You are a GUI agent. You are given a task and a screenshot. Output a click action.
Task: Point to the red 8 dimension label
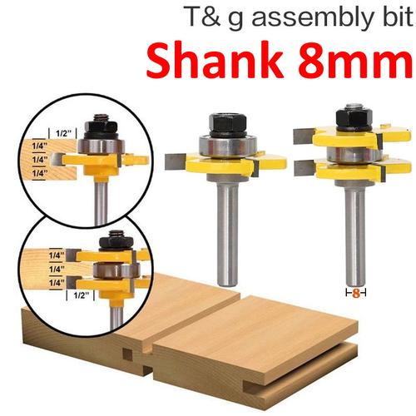[355, 293]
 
